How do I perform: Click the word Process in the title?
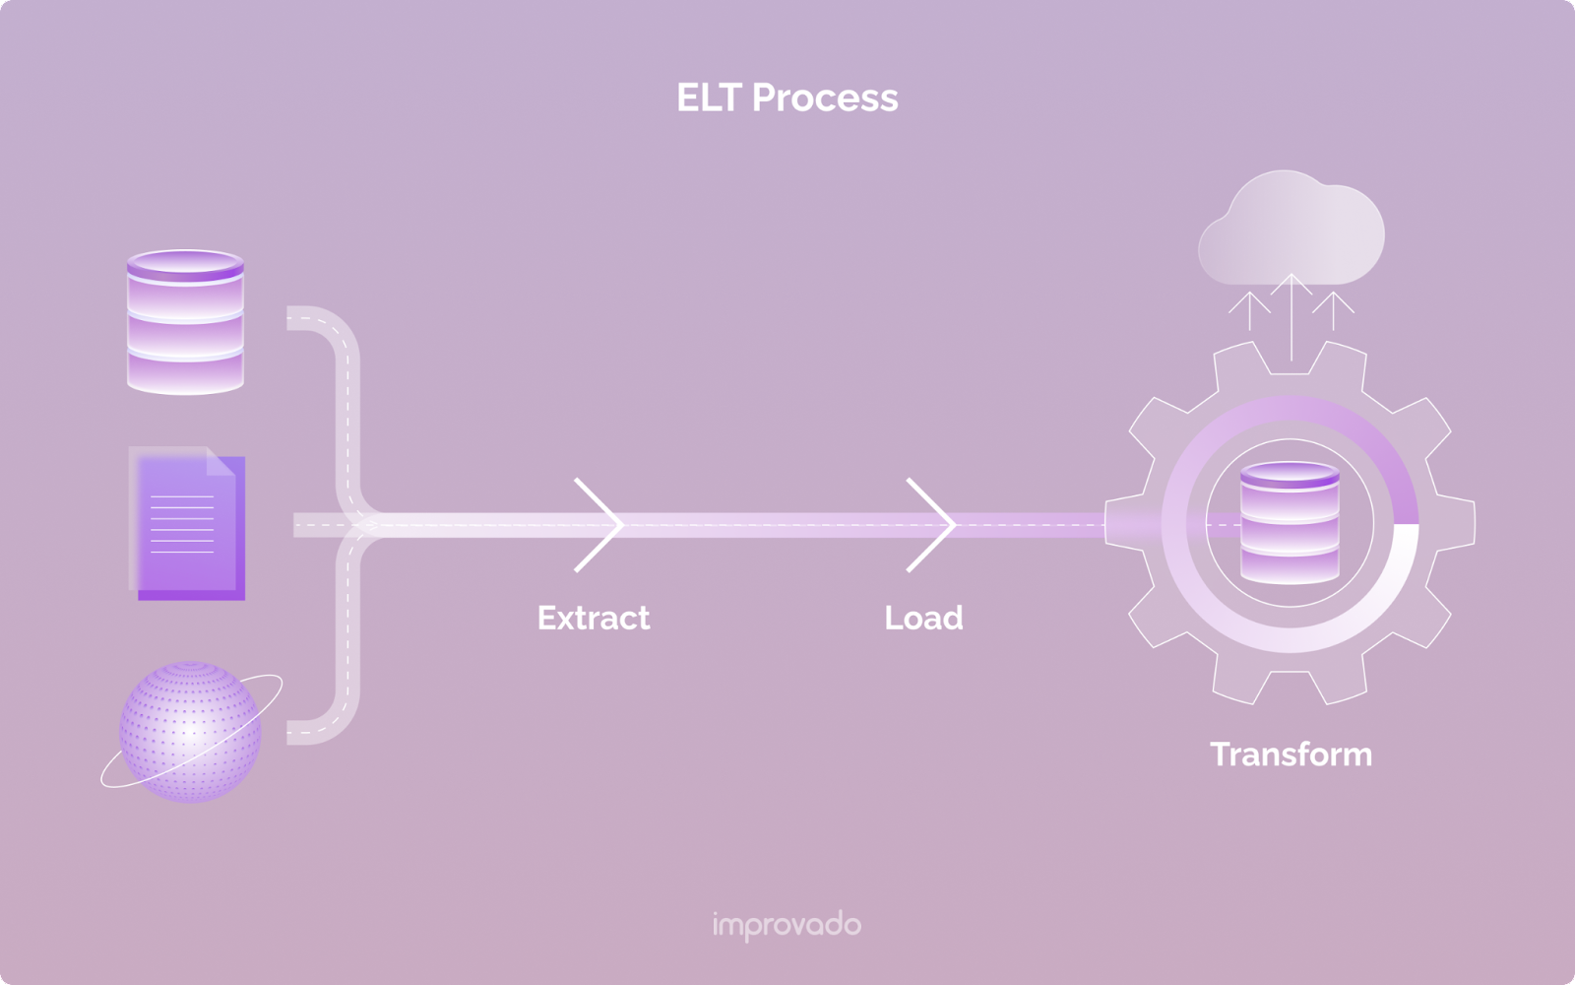825,98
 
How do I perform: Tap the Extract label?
593,618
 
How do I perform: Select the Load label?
923,618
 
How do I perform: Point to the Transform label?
1291,755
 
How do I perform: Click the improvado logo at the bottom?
787,925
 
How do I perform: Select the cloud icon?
1291,230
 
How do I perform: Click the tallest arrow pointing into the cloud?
1291,315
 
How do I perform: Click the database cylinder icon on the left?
185,322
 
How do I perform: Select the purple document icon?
187,524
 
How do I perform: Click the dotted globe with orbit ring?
190,731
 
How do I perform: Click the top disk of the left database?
185,265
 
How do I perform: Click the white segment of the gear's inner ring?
1398,591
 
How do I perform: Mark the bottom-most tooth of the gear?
1291,685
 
